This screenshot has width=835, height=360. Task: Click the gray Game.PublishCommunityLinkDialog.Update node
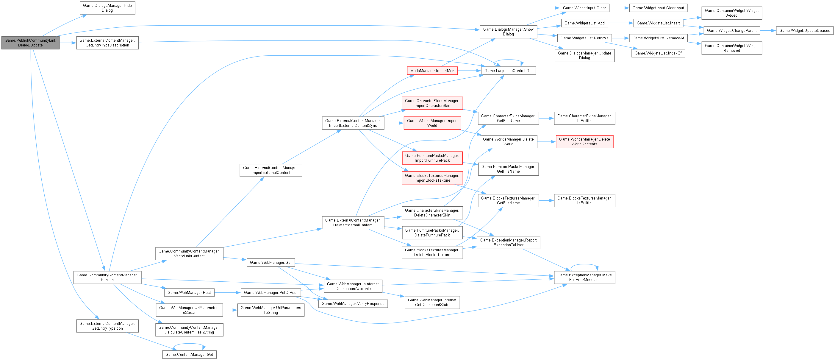pyautogui.click(x=30, y=43)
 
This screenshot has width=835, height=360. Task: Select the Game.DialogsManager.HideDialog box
pyautogui.click(x=107, y=8)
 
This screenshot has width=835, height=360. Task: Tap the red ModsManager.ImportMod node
pyautogui.click(x=432, y=71)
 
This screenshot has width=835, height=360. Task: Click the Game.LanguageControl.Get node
pyautogui.click(x=508, y=71)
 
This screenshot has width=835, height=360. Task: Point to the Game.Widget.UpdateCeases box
pyautogui.click(x=805, y=30)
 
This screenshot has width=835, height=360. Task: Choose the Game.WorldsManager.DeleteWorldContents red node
pyautogui.click(x=584, y=142)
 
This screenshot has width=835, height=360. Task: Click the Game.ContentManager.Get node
pyautogui.click(x=189, y=354)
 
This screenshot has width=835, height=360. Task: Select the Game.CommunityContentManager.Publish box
pyautogui.click(x=107, y=277)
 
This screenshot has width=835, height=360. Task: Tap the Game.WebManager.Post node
pyautogui.click(x=189, y=292)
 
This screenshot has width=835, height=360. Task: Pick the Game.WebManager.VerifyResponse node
pyautogui.click(x=353, y=303)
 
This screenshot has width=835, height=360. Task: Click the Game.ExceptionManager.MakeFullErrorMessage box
pyautogui.click(x=584, y=277)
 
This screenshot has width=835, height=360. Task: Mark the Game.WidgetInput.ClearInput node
pyautogui.click(x=658, y=8)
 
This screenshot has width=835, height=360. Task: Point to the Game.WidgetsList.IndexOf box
pyautogui.click(x=658, y=53)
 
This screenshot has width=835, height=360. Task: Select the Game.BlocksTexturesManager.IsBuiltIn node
pyautogui.click(x=584, y=200)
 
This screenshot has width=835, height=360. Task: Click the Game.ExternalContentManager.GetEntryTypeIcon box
pyautogui.click(x=107, y=326)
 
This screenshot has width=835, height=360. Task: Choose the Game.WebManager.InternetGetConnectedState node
pyautogui.click(x=432, y=302)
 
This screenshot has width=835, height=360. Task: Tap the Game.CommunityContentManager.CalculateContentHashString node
pyautogui.click(x=189, y=330)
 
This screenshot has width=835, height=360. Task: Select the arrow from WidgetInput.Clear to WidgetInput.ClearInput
pyautogui.click(x=619, y=8)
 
